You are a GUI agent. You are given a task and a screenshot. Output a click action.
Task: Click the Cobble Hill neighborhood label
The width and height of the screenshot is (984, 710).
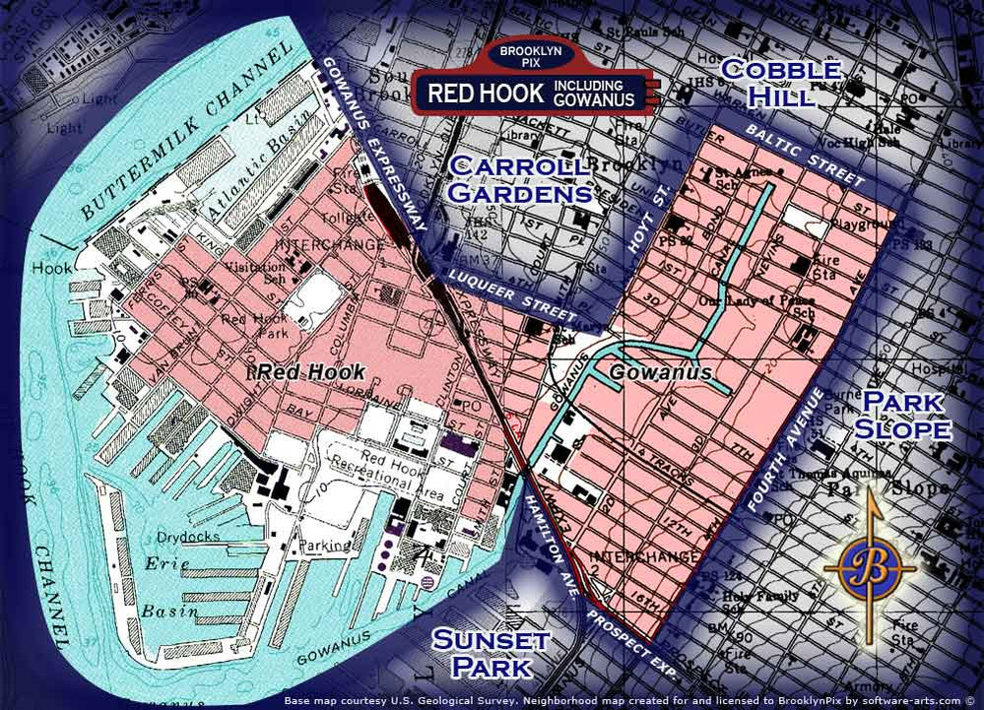(x=781, y=83)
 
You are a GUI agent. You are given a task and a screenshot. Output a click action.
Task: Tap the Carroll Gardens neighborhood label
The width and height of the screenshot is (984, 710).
(x=519, y=179)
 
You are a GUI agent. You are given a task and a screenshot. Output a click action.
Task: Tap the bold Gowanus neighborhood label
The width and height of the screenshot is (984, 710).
(x=659, y=373)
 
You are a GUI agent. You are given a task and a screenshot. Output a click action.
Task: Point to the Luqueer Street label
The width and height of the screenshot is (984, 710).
(x=510, y=294)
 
